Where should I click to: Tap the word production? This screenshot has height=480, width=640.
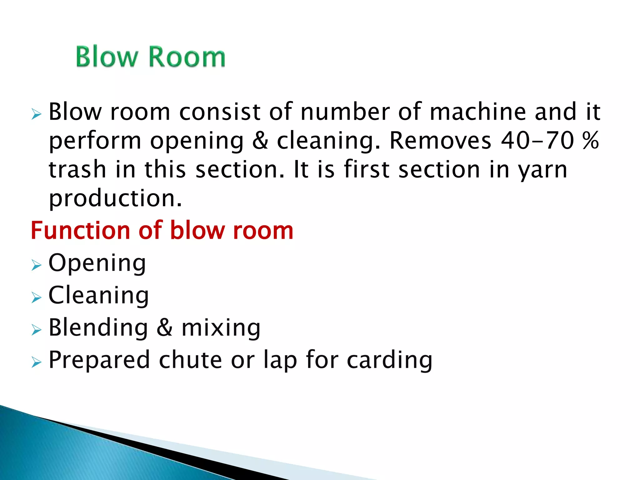115,199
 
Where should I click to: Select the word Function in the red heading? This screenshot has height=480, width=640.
80,230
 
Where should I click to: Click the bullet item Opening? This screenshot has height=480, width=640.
97,263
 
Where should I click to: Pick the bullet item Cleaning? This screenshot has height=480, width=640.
99,295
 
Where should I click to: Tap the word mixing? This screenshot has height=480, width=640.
221,328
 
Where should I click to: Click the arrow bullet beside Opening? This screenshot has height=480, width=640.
36,266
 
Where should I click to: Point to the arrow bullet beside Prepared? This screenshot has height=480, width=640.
36,362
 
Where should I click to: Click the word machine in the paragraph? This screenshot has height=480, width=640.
478,111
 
